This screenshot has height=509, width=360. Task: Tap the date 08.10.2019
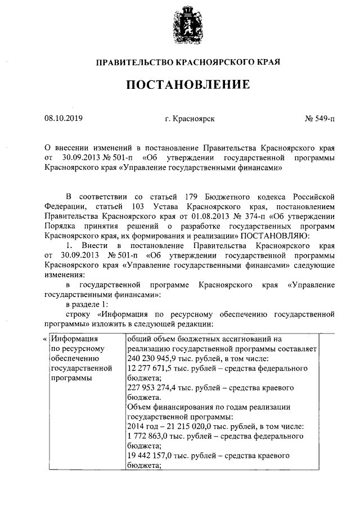63,119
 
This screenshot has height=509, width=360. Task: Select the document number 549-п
323,119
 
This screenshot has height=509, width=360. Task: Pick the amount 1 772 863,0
147,436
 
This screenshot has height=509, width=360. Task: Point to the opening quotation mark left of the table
45,339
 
